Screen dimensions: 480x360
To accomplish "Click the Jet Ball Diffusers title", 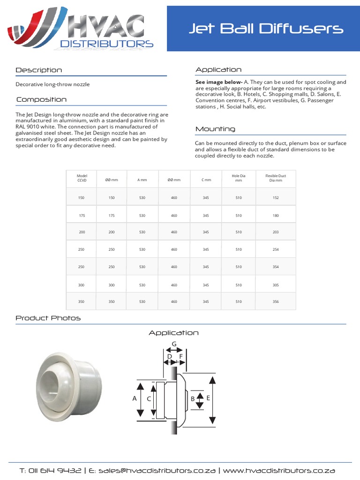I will (266, 29).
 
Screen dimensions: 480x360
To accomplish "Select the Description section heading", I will (38, 70).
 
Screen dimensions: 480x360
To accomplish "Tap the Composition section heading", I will (41, 99).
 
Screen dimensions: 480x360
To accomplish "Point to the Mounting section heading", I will (215, 129).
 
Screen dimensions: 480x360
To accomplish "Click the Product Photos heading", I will (48, 318).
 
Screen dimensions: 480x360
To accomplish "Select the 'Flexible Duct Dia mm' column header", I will (275, 178).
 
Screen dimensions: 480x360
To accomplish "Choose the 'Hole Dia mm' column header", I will (239, 178).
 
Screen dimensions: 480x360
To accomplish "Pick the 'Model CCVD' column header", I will (82, 178).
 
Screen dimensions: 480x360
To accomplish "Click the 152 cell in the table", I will (275, 198).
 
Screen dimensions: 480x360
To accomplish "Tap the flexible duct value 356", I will (275, 301).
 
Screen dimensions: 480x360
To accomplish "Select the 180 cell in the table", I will (275, 215).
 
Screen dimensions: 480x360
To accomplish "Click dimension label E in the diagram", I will (208, 397).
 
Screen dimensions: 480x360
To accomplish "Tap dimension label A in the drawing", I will (135, 398).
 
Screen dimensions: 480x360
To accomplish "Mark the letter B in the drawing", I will (193, 399).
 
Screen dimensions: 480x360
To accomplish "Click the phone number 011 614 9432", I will (53, 471).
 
